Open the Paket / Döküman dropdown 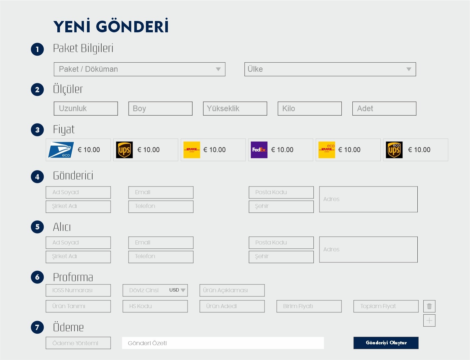click(139, 69)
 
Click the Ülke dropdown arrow click(409, 69)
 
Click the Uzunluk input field click(86, 109)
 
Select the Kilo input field click(309, 109)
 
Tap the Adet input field click(384, 109)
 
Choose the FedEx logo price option click(259, 150)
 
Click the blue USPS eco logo click(61, 150)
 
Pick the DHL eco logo click(326, 150)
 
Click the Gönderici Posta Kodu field click(281, 192)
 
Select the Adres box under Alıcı click(368, 249)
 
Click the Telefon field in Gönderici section click(161, 206)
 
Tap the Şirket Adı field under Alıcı click(78, 256)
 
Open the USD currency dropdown click(178, 290)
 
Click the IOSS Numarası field click(78, 290)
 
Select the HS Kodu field click(155, 306)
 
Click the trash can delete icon click(429, 306)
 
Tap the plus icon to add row click(429, 320)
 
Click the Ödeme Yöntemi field click(78, 343)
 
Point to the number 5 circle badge click(37, 227)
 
